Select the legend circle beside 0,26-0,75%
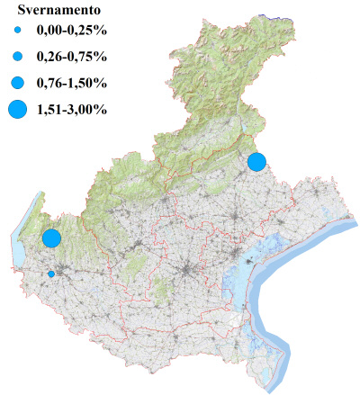tap(18, 57)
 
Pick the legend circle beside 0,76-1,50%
tap(18, 83)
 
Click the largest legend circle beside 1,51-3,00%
tap(18, 110)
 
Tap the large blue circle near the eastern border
tap(256, 162)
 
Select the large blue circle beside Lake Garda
tap(51, 238)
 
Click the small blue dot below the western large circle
tap(51, 274)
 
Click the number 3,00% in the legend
tap(90, 110)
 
